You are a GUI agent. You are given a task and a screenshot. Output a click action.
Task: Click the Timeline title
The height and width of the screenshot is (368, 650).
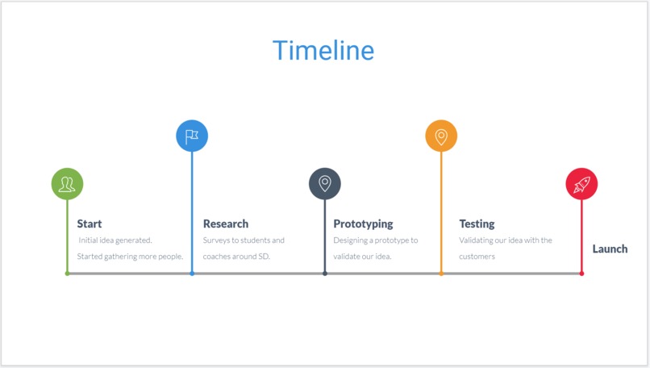click(x=323, y=51)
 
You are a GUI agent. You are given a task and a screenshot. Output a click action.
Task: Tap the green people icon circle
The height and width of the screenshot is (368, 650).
click(x=67, y=184)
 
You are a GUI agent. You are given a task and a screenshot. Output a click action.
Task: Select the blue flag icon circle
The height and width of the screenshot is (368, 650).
click(x=192, y=136)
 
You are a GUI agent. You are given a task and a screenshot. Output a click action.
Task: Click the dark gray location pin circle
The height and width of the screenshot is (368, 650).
click(x=325, y=184)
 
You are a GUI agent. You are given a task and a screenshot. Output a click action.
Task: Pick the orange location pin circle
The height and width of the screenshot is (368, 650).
click(x=441, y=136)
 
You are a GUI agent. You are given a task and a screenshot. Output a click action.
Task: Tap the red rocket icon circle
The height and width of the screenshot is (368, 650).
click(x=581, y=184)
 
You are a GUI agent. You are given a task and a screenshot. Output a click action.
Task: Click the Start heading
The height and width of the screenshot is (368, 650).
click(x=90, y=224)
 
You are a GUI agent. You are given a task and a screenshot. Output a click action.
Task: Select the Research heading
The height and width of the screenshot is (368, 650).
click(x=226, y=224)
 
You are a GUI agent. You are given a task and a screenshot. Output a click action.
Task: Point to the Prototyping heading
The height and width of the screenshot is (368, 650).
click(x=363, y=224)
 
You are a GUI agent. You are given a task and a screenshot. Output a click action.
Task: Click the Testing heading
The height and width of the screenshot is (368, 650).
click(x=477, y=224)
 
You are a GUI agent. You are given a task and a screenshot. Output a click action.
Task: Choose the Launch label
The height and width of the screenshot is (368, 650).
click(x=610, y=249)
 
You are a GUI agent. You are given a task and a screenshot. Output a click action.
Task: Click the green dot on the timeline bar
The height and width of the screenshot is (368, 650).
click(x=67, y=274)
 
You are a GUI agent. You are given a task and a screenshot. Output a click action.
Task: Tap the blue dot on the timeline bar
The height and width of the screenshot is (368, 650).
click(x=192, y=274)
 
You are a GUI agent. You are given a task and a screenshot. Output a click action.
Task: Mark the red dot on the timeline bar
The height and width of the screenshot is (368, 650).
click(x=581, y=274)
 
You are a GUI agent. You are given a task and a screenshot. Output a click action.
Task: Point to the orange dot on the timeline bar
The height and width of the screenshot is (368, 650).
click(x=441, y=274)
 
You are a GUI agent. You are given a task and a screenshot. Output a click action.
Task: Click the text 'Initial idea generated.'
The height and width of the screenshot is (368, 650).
click(x=115, y=240)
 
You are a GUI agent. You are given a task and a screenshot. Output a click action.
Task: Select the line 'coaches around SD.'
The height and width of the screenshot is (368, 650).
click(x=236, y=257)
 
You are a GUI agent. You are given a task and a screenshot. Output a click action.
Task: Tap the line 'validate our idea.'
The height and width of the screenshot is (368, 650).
click(x=362, y=257)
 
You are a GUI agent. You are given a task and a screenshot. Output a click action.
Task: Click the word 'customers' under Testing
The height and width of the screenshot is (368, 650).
click(x=477, y=257)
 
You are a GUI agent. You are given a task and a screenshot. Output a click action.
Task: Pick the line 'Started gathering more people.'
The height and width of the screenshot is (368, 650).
click(x=130, y=257)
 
